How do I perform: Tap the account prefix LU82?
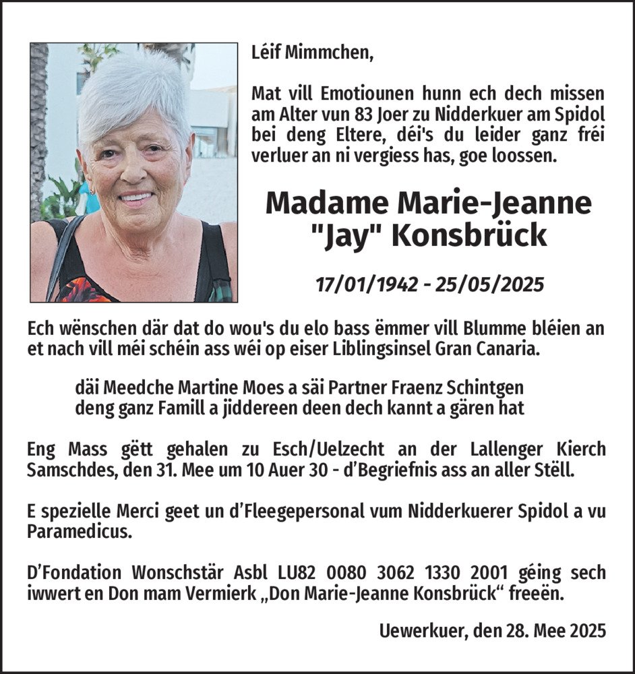[x=297, y=573]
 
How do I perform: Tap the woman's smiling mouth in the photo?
[x=136, y=199]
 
